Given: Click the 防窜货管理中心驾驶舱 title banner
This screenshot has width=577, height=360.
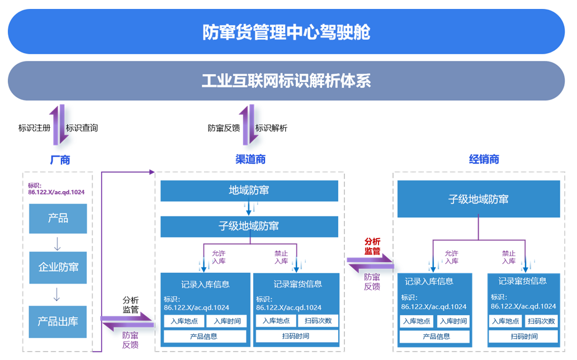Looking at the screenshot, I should click(x=286, y=32).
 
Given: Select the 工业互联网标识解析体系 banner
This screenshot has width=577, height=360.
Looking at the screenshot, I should click(x=286, y=81).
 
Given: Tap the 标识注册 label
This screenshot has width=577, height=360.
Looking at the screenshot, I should click(x=34, y=128).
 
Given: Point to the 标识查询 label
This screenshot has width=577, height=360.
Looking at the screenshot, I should click(x=82, y=128).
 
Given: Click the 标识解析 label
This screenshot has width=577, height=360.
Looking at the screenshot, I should click(x=271, y=128).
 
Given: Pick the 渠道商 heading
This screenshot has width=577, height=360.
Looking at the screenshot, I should click(x=250, y=160).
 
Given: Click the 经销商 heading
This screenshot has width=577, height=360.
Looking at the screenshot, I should click(x=484, y=160).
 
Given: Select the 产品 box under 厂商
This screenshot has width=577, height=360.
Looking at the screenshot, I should click(x=58, y=218).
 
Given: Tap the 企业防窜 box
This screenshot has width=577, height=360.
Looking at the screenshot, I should click(x=58, y=267).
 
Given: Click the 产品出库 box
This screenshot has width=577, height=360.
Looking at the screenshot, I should click(x=58, y=321).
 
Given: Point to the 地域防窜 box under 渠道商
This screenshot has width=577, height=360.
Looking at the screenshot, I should click(x=249, y=191).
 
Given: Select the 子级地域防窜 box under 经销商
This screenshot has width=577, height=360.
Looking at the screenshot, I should click(x=478, y=199).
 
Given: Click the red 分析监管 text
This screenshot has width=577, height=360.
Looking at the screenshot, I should click(x=372, y=246).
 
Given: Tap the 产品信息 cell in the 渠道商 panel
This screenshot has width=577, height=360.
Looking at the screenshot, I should click(x=205, y=337).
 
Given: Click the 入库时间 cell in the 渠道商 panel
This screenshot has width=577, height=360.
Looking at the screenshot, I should click(x=226, y=321).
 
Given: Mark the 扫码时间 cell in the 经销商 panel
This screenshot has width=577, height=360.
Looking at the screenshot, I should click(x=524, y=337).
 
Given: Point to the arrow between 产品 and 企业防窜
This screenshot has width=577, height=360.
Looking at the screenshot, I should click(x=58, y=243).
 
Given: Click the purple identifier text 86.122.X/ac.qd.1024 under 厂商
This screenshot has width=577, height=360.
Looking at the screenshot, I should click(x=56, y=192).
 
